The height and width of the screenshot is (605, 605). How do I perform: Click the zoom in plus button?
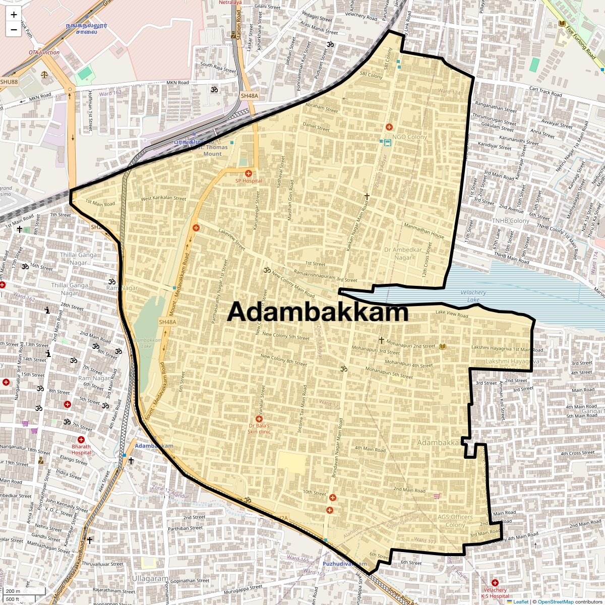click(x=14, y=14)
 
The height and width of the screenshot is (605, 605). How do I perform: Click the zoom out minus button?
click(x=14, y=30)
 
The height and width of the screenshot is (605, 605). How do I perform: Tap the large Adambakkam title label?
click(x=318, y=312)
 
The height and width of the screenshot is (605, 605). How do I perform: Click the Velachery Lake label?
click(x=473, y=296)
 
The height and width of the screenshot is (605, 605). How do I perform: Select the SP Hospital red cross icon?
click(x=249, y=173)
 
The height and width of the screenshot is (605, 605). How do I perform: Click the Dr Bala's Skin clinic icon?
click(x=259, y=419)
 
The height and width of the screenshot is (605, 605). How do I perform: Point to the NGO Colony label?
click(x=409, y=137)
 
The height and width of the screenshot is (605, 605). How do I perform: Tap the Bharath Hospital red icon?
click(x=81, y=440)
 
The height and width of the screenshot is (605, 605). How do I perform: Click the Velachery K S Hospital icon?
click(x=495, y=583)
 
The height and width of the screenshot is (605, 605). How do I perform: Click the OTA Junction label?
click(x=44, y=52)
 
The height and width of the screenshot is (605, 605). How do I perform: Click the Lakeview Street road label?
click(x=232, y=240)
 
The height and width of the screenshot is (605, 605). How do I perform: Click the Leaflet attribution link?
click(x=520, y=601)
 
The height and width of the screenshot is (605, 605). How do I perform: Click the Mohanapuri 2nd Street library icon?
click(x=443, y=346)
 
